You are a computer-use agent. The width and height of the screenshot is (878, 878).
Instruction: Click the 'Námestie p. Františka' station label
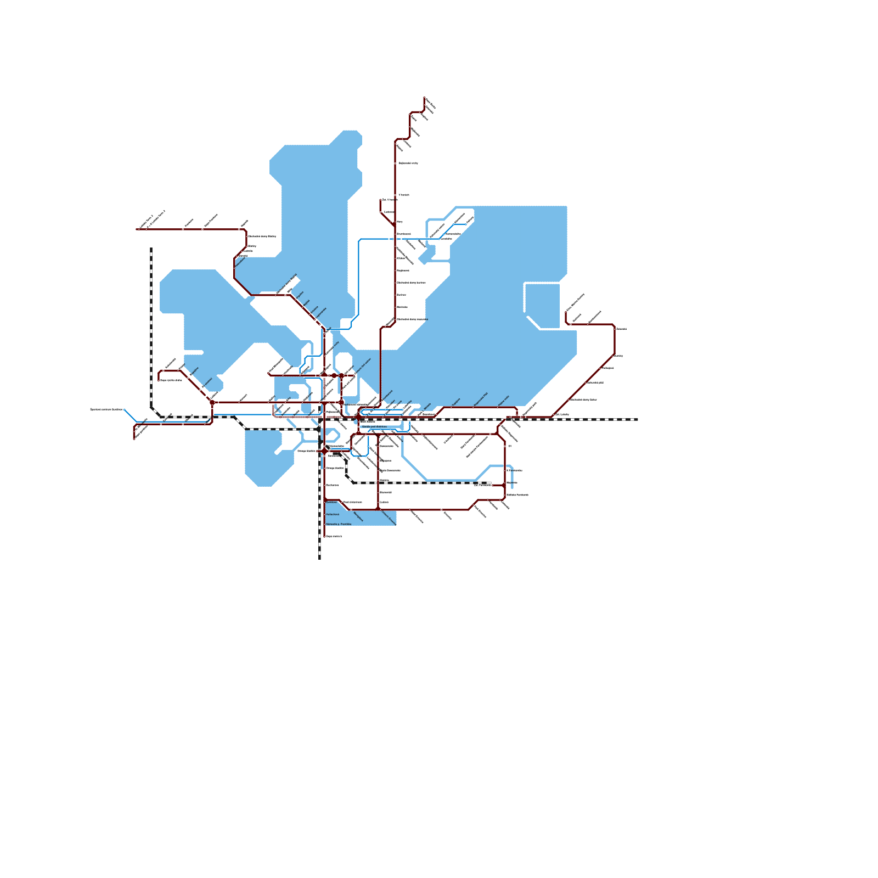(x=339, y=525)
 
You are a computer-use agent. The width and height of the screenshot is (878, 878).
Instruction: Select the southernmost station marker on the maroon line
(x=324, y=536)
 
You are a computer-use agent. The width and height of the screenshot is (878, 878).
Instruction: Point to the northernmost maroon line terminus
(x=425, y=98)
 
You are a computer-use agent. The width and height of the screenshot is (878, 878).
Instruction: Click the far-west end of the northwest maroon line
(x=137, y=229)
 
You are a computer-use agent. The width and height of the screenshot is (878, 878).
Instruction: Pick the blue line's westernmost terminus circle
(x=125, y=409)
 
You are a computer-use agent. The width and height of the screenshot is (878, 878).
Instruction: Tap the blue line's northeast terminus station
(x=466, y=224)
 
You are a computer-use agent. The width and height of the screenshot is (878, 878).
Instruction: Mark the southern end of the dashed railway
(x=319, y=558)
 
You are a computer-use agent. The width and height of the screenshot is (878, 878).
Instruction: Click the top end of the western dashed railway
(x=151, y=249)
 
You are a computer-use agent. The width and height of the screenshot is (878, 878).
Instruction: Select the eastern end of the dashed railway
(x=637, y=419)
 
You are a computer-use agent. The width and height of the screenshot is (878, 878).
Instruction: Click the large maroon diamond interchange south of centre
(x=324, y=451)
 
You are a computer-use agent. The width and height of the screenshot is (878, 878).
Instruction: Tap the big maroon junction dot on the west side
(x=212, y=403)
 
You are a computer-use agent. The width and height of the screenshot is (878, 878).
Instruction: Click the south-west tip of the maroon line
(x=134, y=438)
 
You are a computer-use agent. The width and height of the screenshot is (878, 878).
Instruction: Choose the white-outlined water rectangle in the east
(x=542, y=305)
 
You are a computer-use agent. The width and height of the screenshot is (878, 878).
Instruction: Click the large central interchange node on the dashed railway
(x=358, y=418)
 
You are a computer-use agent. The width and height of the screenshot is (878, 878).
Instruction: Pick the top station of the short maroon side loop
(x=381, y=200)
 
